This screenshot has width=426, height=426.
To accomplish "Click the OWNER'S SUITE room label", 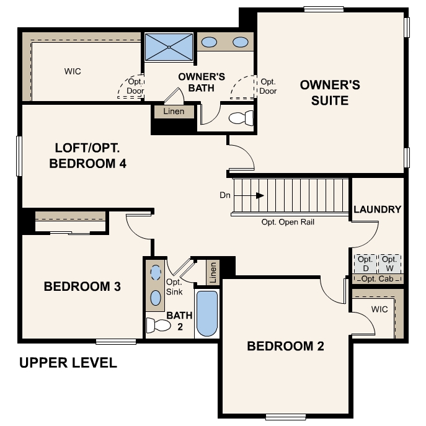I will [330, 92].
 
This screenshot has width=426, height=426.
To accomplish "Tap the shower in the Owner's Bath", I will [169, 47].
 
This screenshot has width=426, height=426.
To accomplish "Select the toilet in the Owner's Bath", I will [241, 117].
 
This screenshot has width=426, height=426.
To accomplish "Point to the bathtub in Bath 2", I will [206, 314].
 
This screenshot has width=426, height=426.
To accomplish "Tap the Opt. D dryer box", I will [366, 264].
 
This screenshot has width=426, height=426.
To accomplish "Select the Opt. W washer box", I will [389, 264].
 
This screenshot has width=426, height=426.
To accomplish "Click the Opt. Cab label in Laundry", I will [378, 279].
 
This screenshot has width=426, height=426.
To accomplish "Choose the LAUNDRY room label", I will [377, 210].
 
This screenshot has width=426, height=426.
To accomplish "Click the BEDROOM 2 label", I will [285, 346].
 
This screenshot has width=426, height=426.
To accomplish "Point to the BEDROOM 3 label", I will [82, 286].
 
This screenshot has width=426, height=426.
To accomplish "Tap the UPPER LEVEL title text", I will [68, 363].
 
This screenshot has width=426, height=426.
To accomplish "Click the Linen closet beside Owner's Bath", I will [174, 112].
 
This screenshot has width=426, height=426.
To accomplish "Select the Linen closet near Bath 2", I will [213, 272].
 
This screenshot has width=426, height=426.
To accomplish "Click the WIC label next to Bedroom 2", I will [379, 309].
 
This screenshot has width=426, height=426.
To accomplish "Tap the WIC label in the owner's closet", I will [73, 71].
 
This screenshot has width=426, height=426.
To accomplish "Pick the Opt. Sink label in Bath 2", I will [174, 286].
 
